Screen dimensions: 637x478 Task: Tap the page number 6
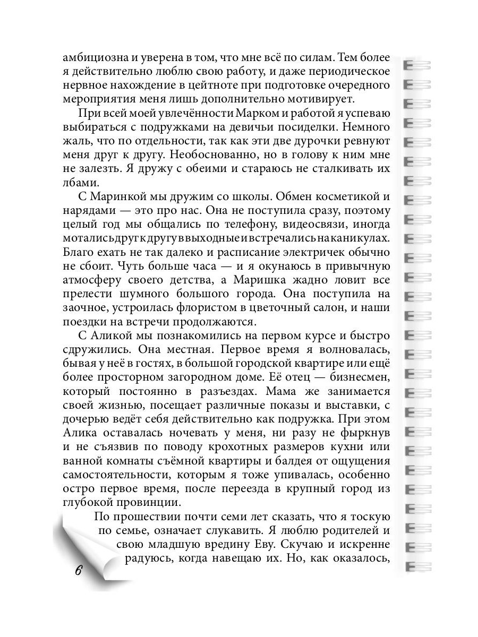(x=78, y=571)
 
